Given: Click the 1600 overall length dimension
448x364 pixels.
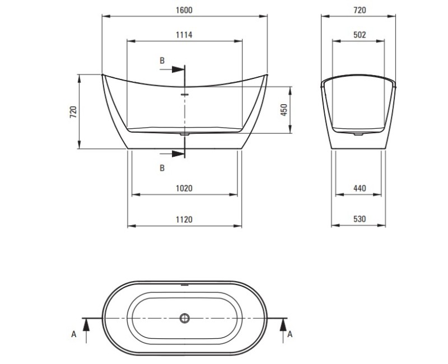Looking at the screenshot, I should point(184,10).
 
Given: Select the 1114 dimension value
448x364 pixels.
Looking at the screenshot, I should point(184,35).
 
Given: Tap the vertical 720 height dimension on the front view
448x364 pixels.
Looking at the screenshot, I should point(73,111).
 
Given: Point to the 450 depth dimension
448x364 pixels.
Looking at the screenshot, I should point(284,110).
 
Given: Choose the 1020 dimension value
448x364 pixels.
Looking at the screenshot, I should point(184,189).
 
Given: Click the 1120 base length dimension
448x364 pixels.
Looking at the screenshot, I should point(184,220).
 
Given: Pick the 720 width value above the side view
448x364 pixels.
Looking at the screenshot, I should point(360,10).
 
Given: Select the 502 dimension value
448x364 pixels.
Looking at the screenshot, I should point(360,35).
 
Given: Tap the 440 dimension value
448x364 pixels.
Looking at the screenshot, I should point(360,189).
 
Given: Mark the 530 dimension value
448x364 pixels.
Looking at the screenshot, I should point(360,220).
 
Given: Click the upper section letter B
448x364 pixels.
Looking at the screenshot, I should point(162,60).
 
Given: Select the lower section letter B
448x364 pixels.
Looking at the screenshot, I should point(162,167).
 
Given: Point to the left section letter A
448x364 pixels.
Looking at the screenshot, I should point(74,334).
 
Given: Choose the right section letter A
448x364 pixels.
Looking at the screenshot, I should point(290,334).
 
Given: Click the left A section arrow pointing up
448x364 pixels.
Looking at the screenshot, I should point(85,323).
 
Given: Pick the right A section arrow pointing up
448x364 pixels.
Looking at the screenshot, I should point(283,323).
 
